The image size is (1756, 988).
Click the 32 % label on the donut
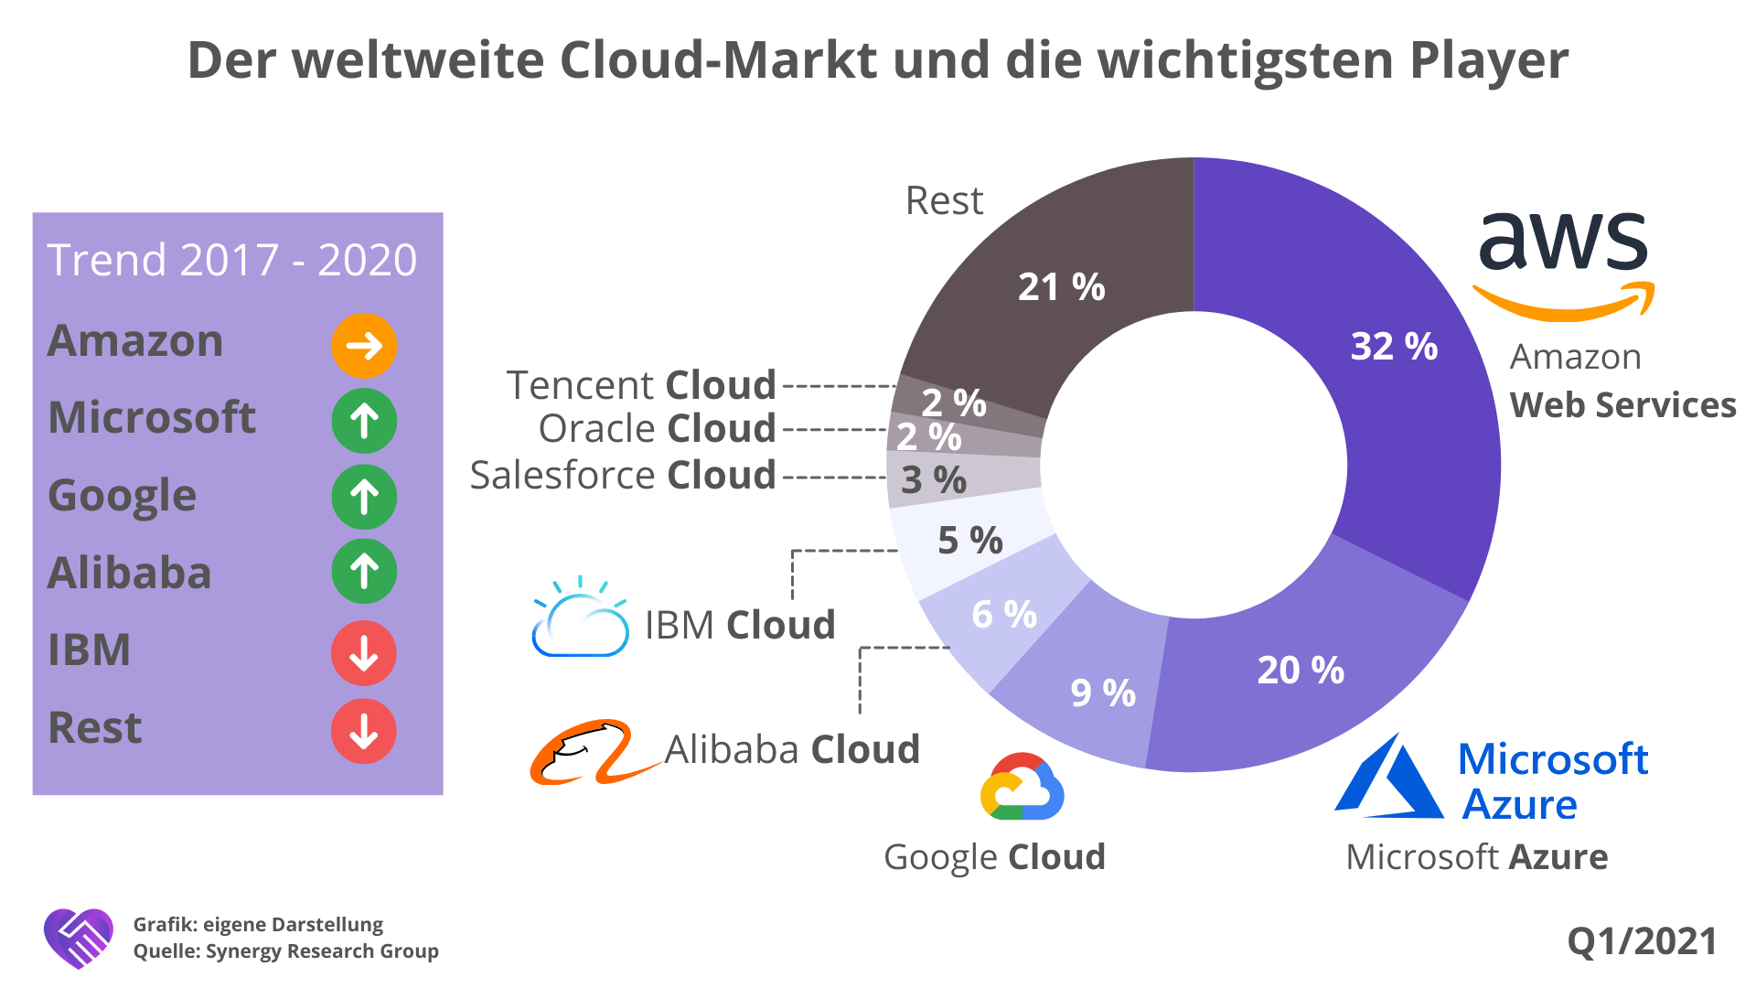point(1394,347)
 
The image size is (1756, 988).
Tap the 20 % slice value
point(1301,671)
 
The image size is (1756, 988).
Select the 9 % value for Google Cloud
point(1103,693)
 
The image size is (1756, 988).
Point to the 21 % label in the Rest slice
point(1061,287)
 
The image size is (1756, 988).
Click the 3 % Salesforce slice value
point(934,480)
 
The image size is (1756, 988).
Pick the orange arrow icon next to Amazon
point(364,346)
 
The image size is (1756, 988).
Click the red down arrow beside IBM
point(364,653)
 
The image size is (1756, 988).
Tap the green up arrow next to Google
point(364,497)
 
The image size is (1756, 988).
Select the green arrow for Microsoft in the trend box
point(364,421)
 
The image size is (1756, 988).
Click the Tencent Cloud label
point(641,385)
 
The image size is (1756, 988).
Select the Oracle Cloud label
point(657,428)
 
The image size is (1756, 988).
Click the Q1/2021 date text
point(1642,941)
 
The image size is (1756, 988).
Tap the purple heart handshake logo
point(79,938)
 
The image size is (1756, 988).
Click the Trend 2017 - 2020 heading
point(232,260)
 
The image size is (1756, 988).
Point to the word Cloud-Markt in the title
point(719,60)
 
